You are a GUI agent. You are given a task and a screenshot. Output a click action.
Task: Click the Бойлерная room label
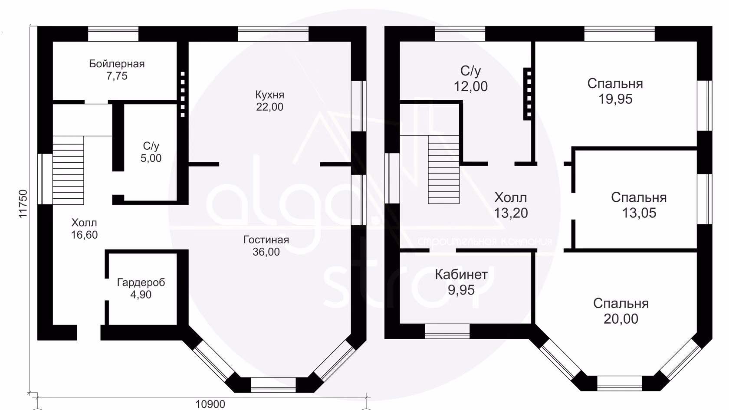117,63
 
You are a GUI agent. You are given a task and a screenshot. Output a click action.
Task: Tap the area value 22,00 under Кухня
269,107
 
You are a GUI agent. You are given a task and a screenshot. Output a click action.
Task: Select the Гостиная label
266,240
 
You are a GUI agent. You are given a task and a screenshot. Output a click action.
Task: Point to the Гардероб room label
141,282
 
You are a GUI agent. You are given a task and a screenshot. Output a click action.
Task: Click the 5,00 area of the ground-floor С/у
151,158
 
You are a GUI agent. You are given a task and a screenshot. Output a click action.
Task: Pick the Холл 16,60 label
84,229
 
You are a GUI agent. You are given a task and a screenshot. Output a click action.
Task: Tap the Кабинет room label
461,275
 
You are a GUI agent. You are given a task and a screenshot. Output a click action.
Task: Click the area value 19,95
615,99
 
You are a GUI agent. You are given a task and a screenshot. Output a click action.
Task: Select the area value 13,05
639,213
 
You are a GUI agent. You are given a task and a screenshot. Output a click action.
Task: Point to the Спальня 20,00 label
621,311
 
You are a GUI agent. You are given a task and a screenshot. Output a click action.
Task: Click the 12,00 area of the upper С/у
470,87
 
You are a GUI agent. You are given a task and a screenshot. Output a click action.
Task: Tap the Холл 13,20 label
511,205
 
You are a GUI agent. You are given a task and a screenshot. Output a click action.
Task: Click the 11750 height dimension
23,204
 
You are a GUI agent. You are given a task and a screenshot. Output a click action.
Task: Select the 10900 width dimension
210,404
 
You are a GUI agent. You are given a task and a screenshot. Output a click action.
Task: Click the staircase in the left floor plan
69,170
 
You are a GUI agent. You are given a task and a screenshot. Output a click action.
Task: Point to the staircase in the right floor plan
443,170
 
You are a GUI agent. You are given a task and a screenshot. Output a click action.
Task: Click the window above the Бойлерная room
113,34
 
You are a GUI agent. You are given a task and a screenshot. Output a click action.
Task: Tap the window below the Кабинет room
447,331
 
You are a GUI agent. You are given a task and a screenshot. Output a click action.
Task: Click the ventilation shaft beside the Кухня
183,94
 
